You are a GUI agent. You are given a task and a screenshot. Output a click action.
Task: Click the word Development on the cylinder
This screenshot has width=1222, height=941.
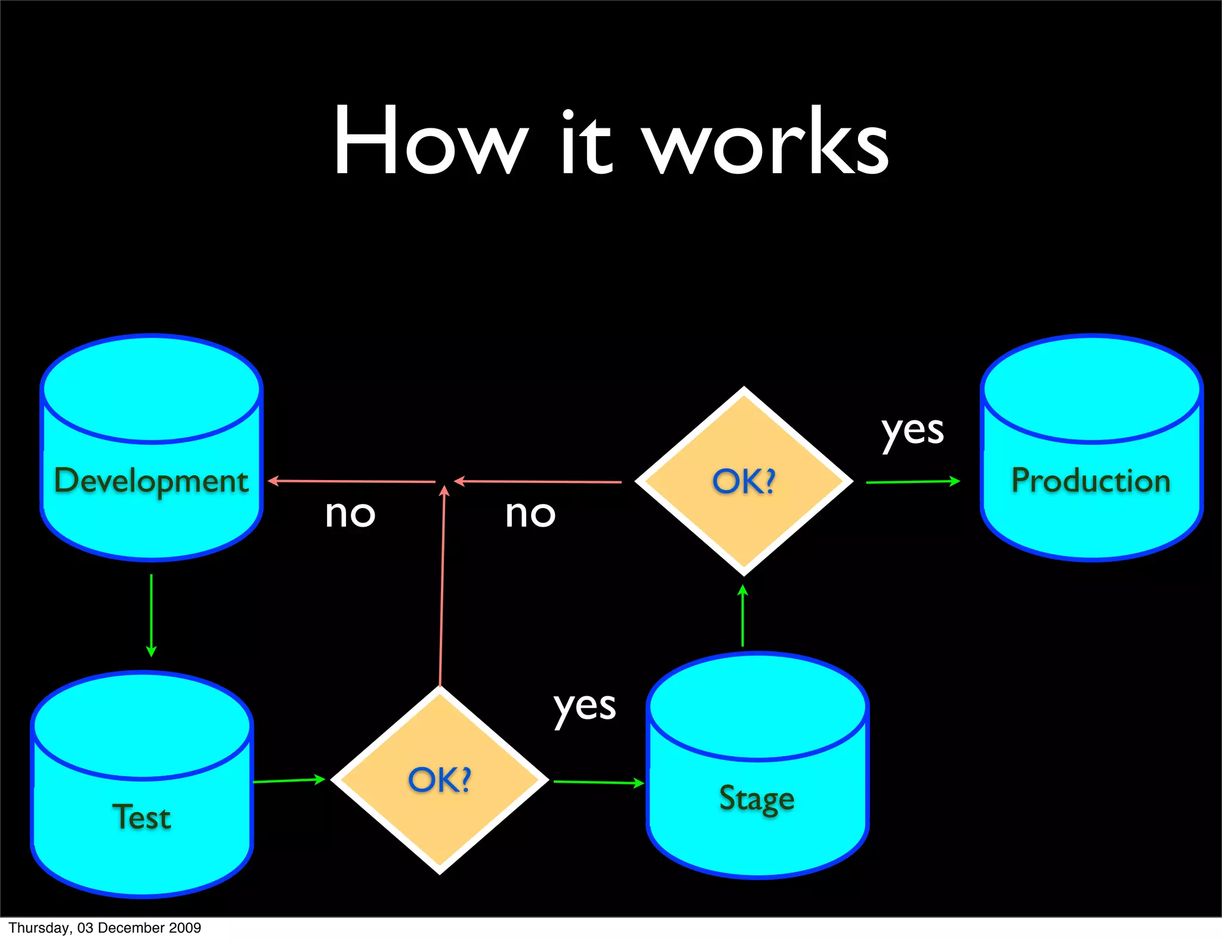pos(151,481)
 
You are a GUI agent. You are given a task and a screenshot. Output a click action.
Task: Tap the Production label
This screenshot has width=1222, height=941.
pos(1091,481)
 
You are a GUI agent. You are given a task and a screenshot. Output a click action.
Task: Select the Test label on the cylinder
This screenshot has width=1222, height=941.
pos(141,817)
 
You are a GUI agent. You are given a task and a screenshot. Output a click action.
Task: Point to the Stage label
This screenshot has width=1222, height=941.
pos(757,799)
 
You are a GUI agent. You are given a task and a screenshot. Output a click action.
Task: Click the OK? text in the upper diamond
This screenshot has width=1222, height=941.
pos(743,481)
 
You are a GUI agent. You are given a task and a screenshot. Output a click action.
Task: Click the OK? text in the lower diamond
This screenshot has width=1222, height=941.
pos(440,780)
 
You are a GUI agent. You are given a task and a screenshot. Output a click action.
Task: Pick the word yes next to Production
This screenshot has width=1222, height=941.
pos(912,431)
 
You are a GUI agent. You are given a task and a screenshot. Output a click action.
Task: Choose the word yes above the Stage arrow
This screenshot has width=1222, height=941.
pos(584,708)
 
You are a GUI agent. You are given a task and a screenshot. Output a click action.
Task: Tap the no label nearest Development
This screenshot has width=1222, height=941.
pos(350,513)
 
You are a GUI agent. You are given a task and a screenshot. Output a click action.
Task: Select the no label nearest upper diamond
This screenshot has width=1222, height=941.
pos(530,513)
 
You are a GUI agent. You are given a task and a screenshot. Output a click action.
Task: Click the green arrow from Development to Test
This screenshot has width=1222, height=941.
pos(151,615)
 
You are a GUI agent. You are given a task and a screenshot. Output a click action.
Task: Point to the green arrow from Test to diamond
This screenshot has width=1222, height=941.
pos(289,780)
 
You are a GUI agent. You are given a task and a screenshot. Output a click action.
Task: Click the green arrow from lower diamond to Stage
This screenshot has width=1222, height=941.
pos(598,782)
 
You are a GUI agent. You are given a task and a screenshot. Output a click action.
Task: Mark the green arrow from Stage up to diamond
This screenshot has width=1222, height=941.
pos(742,615)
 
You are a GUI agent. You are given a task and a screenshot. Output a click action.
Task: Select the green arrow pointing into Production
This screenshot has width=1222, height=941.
pos(913,481)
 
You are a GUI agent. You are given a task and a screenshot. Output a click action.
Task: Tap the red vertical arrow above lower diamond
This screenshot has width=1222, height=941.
pos(442,585)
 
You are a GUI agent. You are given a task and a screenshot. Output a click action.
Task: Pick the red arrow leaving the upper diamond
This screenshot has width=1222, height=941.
pos(537,481)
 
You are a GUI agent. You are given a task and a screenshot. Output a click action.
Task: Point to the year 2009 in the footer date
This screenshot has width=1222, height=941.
pos(185,928)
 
